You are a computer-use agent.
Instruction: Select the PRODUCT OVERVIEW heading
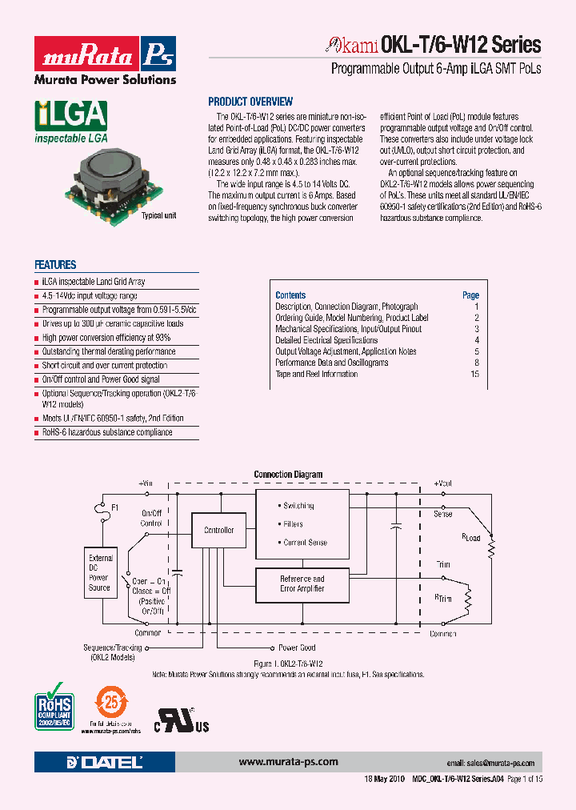[250, 102]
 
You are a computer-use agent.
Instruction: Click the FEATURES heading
[55, 265]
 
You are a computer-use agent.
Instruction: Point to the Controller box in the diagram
[218, 530]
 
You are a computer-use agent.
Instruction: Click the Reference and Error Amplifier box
[302, 583]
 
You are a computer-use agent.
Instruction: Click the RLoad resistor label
[471, 537]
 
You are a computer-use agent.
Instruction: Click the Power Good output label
[297, 648]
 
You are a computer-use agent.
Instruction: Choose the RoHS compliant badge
[54, 705]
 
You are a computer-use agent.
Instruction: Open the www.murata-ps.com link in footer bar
[288, 762]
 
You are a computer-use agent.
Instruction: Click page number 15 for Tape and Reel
[474, 374]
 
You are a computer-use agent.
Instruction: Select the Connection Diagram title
[288, 475]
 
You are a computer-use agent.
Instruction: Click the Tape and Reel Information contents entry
[317, 374]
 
